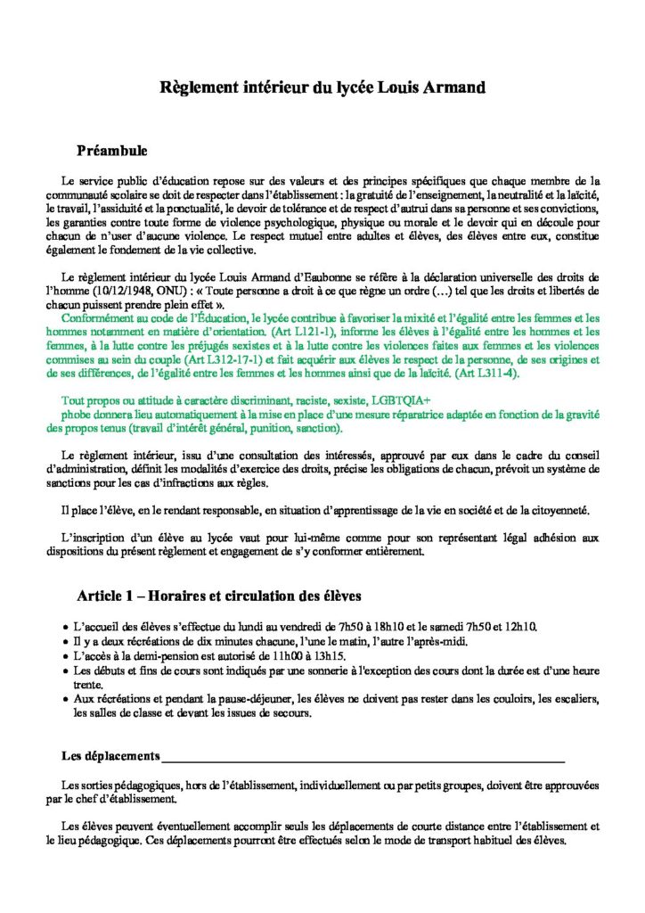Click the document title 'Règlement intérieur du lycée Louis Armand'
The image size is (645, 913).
coord(322,87)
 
